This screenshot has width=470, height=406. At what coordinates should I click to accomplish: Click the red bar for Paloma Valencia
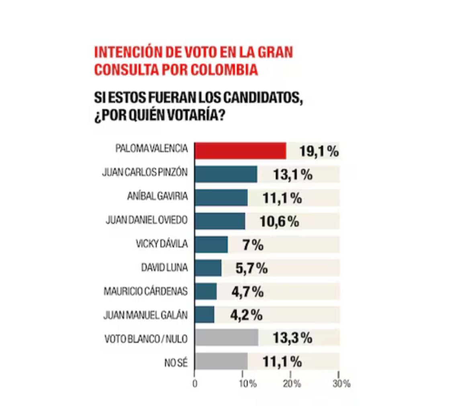(x=240, y=151)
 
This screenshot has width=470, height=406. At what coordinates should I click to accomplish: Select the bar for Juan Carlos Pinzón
(x=226, y=174)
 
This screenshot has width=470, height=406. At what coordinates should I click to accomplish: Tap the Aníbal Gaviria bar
(x=221, y=197)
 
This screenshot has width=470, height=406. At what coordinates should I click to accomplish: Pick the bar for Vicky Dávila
(x=211, y=244)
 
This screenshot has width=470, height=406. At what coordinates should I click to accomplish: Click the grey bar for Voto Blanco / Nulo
(x=226, y=338)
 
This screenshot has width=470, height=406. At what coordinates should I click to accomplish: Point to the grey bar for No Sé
(x=221, y=361)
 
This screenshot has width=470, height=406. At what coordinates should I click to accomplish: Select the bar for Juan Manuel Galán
(x=204, y=314)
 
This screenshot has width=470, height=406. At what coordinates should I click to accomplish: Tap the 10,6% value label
(x=280, y=221)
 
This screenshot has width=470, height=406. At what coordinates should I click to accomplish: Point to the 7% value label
(x=253, y=245)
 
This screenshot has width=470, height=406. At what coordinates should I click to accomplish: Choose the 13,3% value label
(x=292, y=338)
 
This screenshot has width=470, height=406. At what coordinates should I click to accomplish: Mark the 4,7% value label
(x=247, y=291)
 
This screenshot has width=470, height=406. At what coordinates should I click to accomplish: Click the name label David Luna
(x=164, y=268)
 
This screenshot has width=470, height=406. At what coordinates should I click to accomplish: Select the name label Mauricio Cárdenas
(x=145, y=291)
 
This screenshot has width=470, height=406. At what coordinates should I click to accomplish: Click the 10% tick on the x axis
(x=248, y=384)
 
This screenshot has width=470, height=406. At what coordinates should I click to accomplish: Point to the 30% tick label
(x=341, y=384)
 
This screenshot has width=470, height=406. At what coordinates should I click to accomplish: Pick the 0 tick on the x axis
(x=195, y=384)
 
